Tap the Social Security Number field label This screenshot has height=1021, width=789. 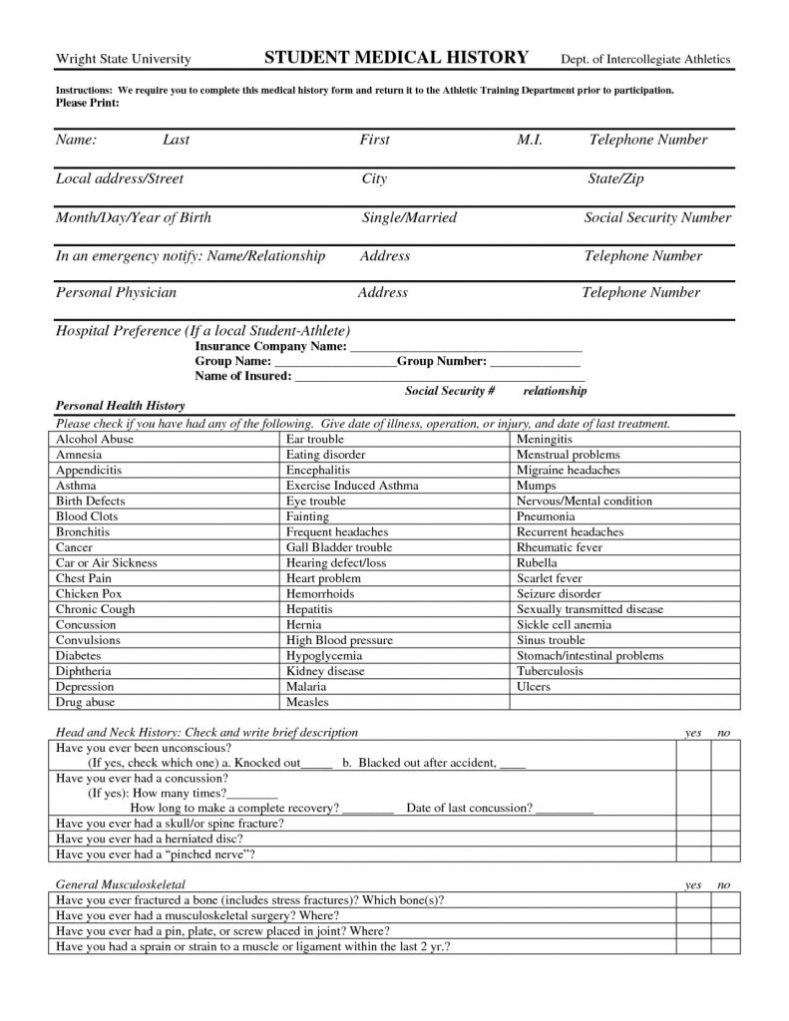click(x=657, y=217)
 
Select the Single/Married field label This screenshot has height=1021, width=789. click(x=409, y=217)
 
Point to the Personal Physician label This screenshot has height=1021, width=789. click(x=116, y=293)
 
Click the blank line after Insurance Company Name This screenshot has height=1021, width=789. click(x=465, y=347)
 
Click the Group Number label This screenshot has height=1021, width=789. click(x=442, y=361)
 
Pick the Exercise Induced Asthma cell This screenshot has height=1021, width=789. click(x=352, y=486)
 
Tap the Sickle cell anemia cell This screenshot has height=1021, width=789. click(x=564, y=625)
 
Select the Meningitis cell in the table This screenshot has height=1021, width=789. click(x=544, y=439)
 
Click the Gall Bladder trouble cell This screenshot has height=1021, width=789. click(x=339, y=547)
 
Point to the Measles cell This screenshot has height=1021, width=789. click(x=307, y=702)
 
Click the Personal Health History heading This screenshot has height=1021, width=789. click(x=118, y=407)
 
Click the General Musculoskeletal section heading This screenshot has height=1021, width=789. click(x=121, y=884)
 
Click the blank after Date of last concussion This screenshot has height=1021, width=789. click(x=565, y=808)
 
